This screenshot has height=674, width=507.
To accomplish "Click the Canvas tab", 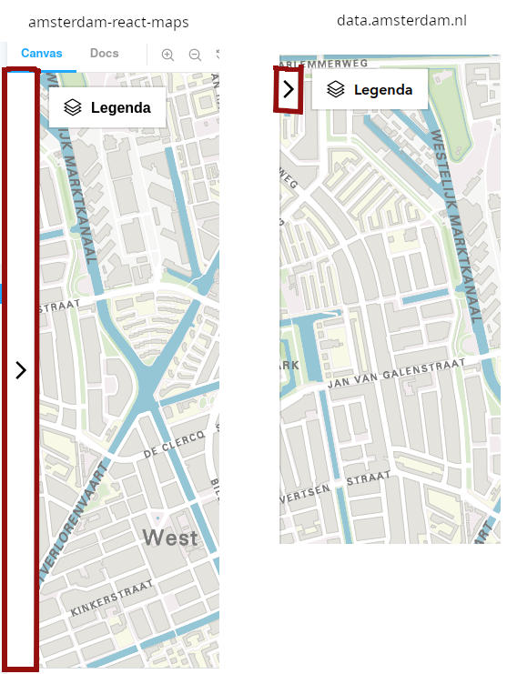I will [x=42, y=54].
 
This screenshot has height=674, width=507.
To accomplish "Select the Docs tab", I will [x=105, y=54].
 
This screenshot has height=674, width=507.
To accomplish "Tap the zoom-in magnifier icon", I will [x=167, y=55].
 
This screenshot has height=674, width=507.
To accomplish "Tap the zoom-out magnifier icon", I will [x=195, y=55].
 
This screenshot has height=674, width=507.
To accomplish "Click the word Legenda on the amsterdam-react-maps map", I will [x=121, y=108].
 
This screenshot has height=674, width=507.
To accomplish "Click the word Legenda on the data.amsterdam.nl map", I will [x=383, y=90].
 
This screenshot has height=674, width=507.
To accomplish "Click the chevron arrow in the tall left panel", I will [x=21, y=370].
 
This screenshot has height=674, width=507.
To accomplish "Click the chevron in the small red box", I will [x=289, y=88].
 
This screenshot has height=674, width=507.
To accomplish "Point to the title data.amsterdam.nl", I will [x=401, y=20].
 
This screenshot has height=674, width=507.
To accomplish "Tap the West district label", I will [x=170, y=538].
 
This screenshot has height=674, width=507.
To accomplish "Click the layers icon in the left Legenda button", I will [x=73, y=108].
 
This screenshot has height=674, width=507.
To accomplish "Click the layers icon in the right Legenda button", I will [x=336, y=90].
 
